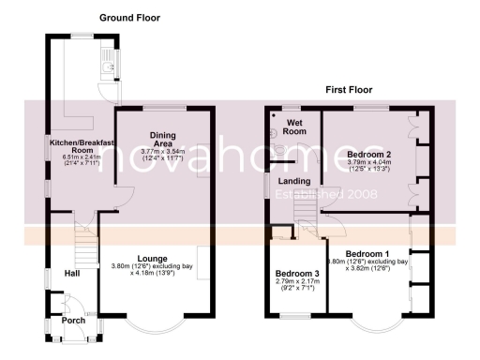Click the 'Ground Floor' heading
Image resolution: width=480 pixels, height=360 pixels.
click(x=129, y=18)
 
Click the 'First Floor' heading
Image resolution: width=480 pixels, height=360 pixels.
click(x=349, y=90)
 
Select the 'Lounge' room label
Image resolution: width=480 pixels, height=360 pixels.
click(x=152, y=257)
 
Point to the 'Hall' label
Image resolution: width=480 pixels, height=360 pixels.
click(x=72, y=273)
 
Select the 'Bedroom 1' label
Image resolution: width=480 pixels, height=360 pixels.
click(x=367, y=254)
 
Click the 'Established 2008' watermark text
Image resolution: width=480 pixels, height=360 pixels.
click(x=325, y=195)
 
